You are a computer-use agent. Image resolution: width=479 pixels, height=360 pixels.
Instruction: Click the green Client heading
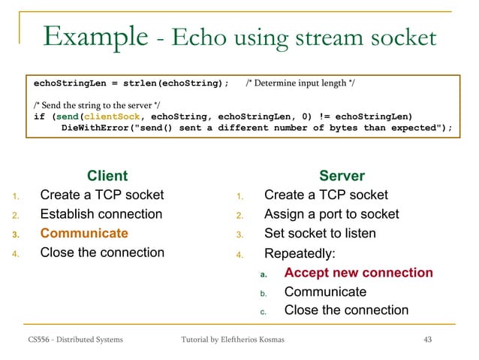(x=107, y=176)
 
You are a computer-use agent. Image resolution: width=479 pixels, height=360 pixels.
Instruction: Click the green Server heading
(x=342, y=176)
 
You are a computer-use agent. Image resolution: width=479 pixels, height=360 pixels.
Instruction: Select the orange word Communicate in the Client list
(x=84, y=233)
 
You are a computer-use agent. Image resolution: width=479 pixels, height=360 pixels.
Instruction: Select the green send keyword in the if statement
(x=66, y=116)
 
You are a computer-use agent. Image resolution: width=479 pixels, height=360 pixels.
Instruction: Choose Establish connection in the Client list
(x=101, y=214)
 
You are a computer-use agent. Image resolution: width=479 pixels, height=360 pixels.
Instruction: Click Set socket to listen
(x=320, y=233)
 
